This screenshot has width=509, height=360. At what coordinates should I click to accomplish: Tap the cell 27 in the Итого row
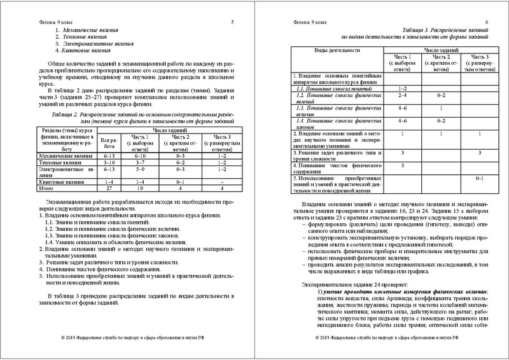[x=108, y=188]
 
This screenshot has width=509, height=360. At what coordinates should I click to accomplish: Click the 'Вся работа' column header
[x=108, y=142]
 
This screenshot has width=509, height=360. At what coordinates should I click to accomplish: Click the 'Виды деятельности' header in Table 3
[x=337, y=50]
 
